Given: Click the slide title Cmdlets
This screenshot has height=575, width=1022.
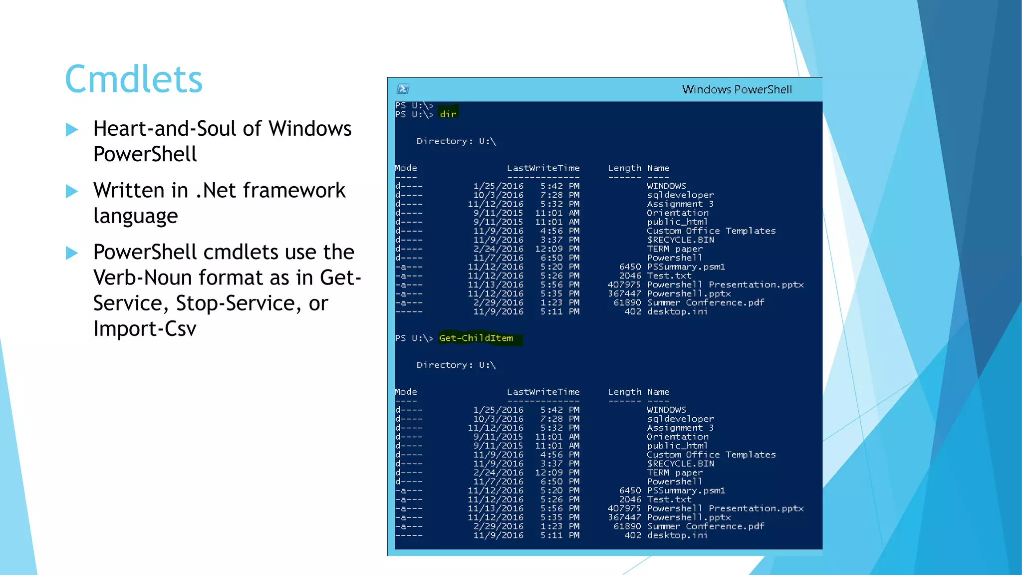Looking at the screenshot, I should (134, 79).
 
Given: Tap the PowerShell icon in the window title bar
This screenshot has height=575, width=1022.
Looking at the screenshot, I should (403, 89).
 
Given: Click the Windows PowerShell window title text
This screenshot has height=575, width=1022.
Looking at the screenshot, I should (737, 89).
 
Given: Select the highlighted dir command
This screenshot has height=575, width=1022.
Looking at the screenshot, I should (448, 114).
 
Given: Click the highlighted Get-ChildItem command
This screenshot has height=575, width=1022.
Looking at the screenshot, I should (476, 338).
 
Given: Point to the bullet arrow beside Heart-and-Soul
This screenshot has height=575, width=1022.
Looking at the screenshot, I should (72, 130).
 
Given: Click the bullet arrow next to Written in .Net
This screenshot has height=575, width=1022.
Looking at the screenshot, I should (72, 192).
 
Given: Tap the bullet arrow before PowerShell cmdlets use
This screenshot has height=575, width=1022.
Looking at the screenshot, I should (72, 253).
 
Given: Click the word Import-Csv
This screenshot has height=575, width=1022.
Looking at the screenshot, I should (145, 329).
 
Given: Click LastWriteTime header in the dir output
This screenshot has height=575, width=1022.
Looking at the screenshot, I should (543, 168).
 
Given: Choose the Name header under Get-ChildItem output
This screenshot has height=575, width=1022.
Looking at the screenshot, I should (658, 392).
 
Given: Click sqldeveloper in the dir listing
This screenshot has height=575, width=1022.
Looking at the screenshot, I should (680, 195).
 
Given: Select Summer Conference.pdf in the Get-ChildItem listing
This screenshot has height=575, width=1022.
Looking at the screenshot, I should (705, 526).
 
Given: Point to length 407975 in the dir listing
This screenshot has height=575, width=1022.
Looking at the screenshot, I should (624, 285).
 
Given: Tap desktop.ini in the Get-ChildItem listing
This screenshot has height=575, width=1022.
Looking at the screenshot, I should (677, 535).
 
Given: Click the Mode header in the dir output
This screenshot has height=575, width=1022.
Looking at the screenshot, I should (406, 168).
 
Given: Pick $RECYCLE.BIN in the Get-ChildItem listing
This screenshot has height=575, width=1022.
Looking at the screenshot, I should (680, 464).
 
